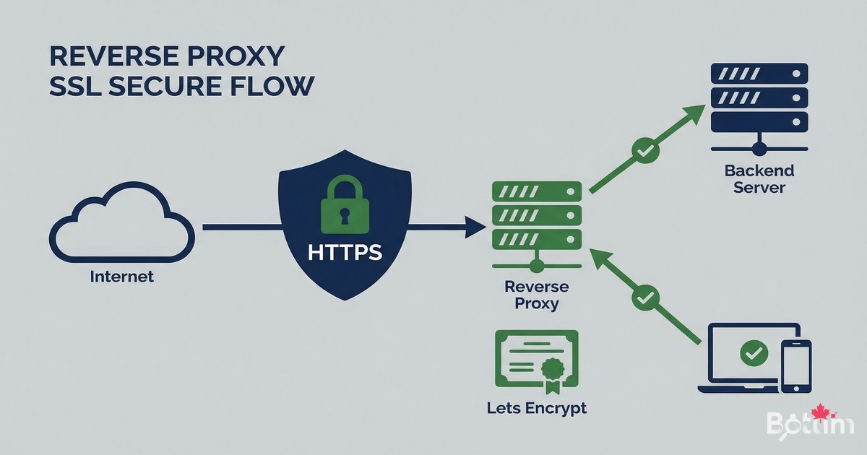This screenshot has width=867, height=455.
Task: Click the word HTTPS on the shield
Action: point(345,253)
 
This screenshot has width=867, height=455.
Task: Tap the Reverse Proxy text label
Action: point(536,295)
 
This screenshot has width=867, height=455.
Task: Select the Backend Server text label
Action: point(759,179)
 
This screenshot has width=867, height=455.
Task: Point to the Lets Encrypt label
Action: point(536,408)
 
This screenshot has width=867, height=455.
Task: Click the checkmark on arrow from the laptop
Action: point(645,295)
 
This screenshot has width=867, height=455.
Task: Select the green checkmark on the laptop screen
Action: point(753,353)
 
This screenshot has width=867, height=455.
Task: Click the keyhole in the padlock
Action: point(345,214)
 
